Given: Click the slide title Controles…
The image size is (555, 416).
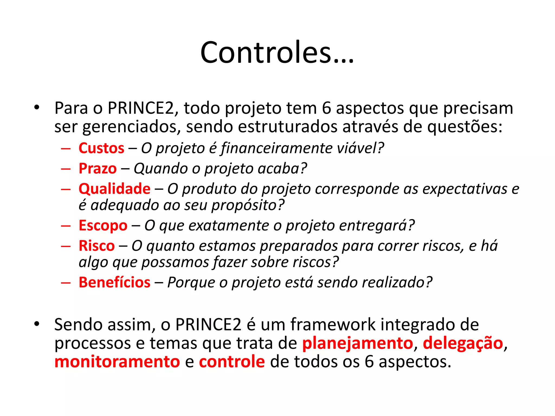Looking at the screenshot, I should [x=277, y=52].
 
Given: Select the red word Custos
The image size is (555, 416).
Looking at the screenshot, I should [x=101, y=148].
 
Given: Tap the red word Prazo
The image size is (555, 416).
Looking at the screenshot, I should [x=98, y=168].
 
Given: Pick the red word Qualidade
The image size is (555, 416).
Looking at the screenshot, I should [x=114, y=189].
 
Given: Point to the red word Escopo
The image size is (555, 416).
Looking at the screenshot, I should [x=103, y=226].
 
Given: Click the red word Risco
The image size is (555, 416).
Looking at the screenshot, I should [x=96, y=246].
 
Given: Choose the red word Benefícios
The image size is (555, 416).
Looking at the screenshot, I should [x=114, y=282].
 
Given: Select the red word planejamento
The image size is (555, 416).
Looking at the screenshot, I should [x=357, y=343].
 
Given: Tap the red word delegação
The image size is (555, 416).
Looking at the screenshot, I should [x=463, y=343].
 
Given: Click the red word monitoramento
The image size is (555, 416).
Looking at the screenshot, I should [x=117, y=362].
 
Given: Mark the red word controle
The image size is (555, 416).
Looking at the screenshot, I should [x=232, y=362].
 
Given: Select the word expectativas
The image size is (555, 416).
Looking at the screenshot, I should [x=464, y=189].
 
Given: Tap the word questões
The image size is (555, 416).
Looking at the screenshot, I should [x=464, y=127].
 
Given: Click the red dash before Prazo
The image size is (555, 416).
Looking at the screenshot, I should [x=66, y=169].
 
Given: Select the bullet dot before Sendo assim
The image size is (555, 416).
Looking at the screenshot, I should [x=37, y=324].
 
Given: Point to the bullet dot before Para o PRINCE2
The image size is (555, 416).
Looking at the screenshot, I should [x=37, y=108].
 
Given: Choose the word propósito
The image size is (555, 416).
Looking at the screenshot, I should [x=247, y=205].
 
